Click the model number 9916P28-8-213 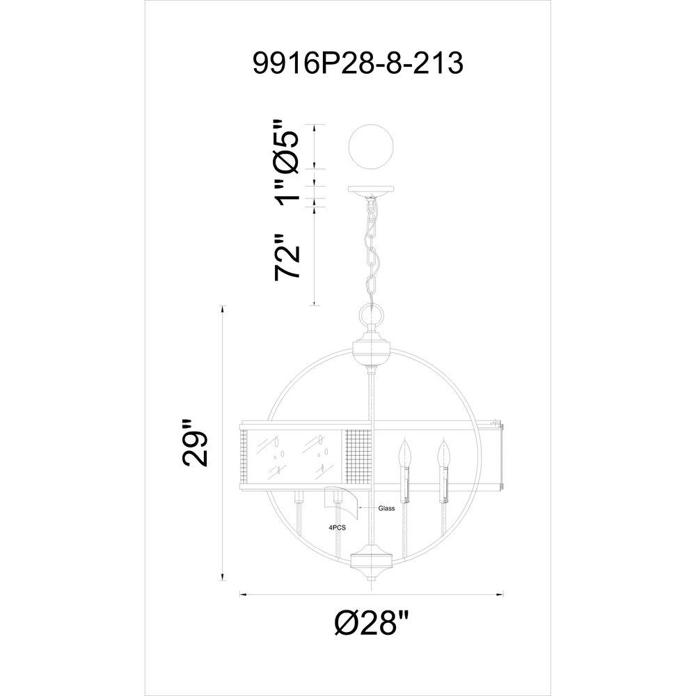[358, 63]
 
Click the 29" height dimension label [194, 442]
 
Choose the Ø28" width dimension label [371, 622]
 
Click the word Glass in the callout [386, 508]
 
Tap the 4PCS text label [337, 528]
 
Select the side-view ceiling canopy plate [371, 190]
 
